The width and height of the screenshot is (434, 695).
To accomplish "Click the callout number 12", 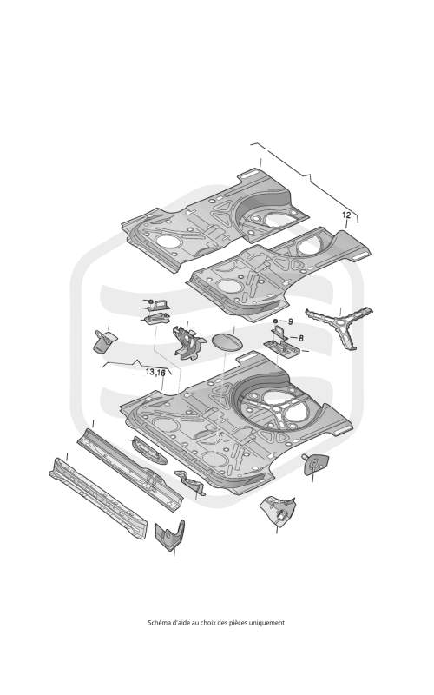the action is (x=346, y=215).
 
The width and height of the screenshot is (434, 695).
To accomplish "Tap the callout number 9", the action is (x=291, y=321).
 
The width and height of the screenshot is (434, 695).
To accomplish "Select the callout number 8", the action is (x=301, y=338).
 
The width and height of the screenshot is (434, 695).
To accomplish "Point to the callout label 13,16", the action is (x=155, y=372).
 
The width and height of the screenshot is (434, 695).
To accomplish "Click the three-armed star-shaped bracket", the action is (x=340, y=328).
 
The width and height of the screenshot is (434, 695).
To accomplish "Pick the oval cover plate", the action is (x=227, y=342).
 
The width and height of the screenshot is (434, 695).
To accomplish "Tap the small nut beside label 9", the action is (x=275, y=321).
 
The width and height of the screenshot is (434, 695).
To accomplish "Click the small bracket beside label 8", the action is (x=279, y=332).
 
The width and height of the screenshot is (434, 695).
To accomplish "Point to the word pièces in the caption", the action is (x=237, y=623).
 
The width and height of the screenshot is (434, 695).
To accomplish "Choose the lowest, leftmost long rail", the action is (x=98, y=498).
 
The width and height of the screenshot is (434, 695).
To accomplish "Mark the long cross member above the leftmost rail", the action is (x=130, y=469).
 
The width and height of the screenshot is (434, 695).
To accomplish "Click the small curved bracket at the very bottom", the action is (x=170, y=534).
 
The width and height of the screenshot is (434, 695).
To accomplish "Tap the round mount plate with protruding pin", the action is (x=316, y=464).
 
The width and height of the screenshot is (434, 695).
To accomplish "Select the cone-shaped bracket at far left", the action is (x=104, y=341).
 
